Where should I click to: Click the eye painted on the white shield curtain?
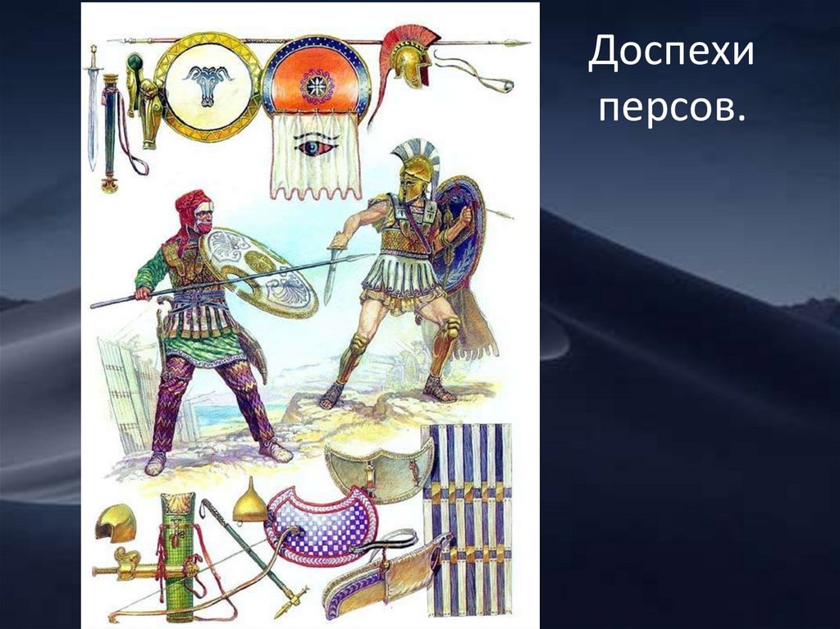click(x=316, y=146)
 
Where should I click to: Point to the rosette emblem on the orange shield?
click(x=316, y=84)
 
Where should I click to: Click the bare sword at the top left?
click(x=93, y=107)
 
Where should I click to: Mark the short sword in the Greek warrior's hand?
click(x=332, y=271)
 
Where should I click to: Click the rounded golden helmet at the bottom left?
click(x=113, y=523)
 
